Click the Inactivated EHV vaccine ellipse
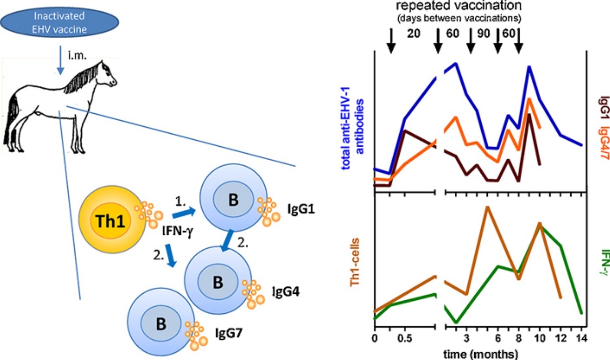[x=59, y=23]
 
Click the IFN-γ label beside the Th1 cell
[x=177, y=231]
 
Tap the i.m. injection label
[x=77, y=56]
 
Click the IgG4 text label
[x=286, y=291]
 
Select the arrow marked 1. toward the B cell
[x=184, y=213]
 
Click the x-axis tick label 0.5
[x=405, y=338]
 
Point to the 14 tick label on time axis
[x=582, y=338]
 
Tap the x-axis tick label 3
[x=467, y=338]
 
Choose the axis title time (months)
[x=480, y=353]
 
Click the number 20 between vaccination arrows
[x=413, y=33]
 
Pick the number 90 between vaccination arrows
[x=483, y=33]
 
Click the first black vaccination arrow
[x=391, y=41]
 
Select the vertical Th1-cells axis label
[x=355, y=262]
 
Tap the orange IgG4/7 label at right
[x=604, y=142]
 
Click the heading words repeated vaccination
[x=459, y=6]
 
